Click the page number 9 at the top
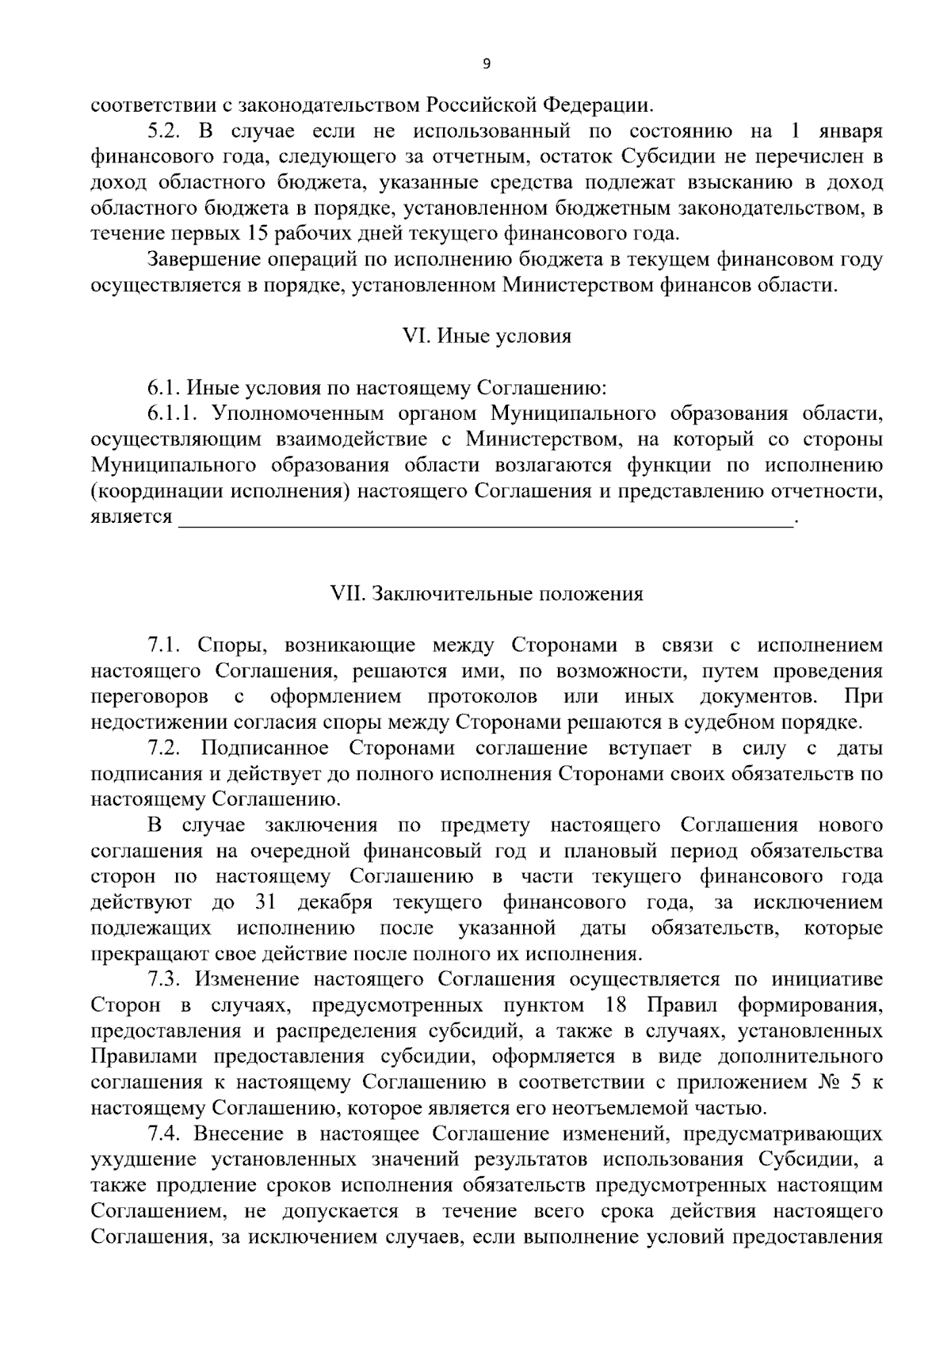[487, 65]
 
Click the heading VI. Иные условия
[487, 337]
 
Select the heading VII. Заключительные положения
[487, 593]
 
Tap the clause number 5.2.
[166, 131]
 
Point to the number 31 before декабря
[266, 902]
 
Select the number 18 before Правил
[615, 1005]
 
